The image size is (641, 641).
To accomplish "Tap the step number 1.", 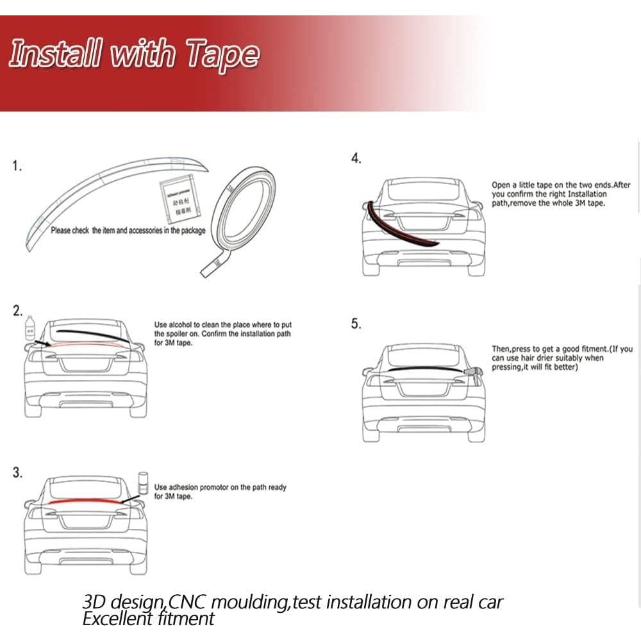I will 17,167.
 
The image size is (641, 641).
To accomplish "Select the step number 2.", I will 17,312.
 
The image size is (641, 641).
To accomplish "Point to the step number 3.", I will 17,473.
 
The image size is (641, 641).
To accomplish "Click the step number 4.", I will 356,159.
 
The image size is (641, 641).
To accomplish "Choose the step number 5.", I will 356,324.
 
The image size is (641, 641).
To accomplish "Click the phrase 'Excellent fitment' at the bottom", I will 148,619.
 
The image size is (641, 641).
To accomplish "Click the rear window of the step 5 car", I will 423,355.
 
